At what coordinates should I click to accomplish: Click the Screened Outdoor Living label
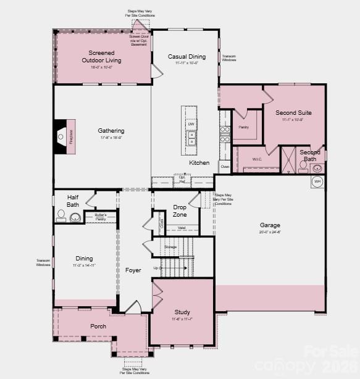point(101,57)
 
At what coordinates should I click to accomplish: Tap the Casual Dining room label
point(186,57)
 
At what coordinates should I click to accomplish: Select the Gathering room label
point(111,131)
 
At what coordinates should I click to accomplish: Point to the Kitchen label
point(199,163)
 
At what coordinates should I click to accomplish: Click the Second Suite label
point(293,113)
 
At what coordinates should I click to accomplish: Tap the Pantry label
point(243,127)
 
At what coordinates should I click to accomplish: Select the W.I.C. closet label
point(257,159)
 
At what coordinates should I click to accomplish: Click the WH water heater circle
point(317,181)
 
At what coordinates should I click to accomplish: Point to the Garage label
point(270,225)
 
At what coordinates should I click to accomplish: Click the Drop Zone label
point(180,210)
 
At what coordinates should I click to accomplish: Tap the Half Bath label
point(73,201)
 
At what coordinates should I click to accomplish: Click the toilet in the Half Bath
point(61,215)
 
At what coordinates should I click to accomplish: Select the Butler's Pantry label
point(100,217)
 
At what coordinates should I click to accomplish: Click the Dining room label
point(84,259)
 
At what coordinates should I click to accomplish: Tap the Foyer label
point(133,270)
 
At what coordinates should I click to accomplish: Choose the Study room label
point(182,312)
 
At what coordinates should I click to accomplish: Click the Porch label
point(98,326)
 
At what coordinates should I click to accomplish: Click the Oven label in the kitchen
point(225,166)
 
